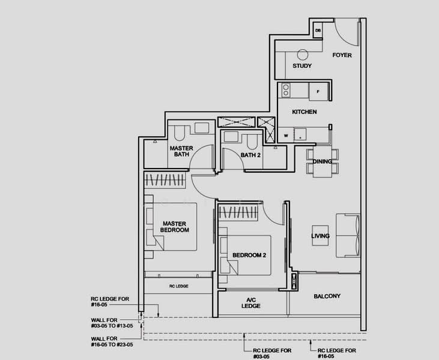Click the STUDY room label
click(302, 66)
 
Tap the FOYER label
click(342, 55)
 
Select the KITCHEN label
click(304, 112)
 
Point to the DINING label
click(322, 161)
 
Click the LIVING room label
click(320, 236)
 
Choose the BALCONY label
click(327, 296)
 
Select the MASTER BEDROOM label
click(175, 227)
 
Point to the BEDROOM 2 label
click(249, 256)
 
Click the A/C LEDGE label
click(251, 302)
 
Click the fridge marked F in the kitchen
click(318, 91)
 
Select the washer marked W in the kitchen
click(286, 136)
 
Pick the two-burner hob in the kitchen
click(286, 90)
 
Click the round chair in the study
click(302, 53)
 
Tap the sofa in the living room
click(348, 235)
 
